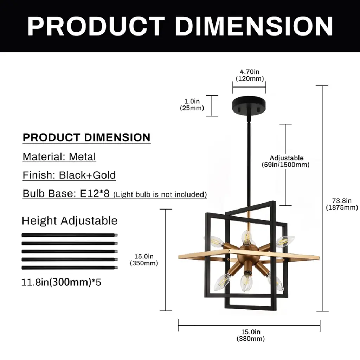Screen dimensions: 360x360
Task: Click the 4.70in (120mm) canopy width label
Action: [250, 75]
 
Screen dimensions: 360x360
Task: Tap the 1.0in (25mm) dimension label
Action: [192, 104]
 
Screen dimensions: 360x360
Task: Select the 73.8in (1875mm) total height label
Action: [342, 204]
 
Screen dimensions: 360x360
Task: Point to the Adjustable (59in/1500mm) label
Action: [286, 161]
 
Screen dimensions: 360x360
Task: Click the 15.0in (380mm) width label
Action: [251, 335]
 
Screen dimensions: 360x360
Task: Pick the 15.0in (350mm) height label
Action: [144, 259]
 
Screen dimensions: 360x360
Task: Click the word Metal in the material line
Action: [82, 157]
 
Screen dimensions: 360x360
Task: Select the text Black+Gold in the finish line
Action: [87, 175]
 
